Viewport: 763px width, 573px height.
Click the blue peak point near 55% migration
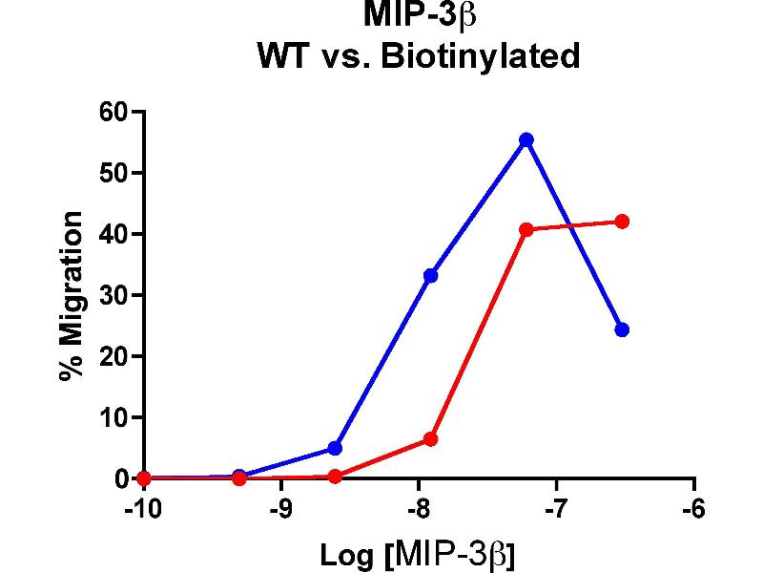coord(526,139)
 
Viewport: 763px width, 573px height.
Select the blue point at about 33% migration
coord(430,275)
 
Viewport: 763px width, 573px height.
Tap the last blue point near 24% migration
coord(622,329)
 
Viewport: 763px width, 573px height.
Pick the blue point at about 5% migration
coord(335,448)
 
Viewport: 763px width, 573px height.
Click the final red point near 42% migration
coord(622,222)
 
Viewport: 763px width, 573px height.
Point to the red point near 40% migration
coord(526,229)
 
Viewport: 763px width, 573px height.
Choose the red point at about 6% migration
coord(430,439)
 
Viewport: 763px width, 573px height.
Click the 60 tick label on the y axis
coord(113,112)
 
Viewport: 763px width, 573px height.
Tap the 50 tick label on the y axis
coord(113,173)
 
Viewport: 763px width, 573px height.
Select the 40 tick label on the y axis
coord(113,234)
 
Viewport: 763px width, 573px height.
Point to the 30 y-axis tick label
coord(113,295)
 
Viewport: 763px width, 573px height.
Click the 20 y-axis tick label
coord(113,356)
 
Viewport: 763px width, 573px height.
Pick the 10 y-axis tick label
coord(113,417)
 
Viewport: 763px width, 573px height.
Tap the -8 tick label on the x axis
coord(419,508)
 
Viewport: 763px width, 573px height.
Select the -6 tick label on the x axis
coord(693,508)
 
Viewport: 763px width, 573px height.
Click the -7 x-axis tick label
coord(556,508)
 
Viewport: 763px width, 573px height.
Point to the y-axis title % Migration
coord(71,296)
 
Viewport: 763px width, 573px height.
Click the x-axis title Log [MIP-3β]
coord(418,554)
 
